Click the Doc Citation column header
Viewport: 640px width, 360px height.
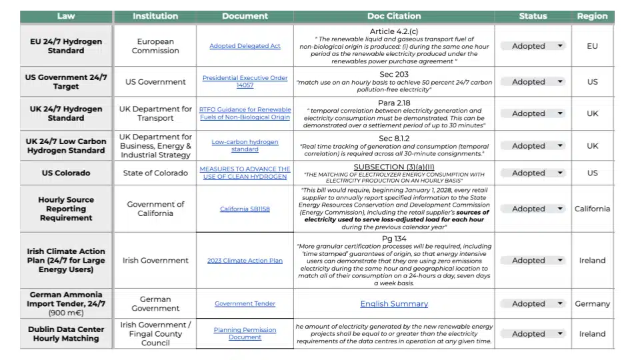[394, 16]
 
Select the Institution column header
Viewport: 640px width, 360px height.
[155, 16]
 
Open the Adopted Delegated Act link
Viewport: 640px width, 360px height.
[245, 46]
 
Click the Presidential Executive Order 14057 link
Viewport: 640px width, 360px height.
[245, 82]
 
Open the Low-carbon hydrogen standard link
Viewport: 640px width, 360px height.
[245, 145]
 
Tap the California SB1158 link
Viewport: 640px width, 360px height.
[245, 209]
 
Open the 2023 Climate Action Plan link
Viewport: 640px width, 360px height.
[245, 261]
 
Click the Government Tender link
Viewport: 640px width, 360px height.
[245, 304]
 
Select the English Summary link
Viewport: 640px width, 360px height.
[394, 304]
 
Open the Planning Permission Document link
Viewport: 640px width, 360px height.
[245, 333]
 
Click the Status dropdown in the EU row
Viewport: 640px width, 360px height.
[533, 46]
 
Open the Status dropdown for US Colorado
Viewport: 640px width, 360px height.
[533, 173]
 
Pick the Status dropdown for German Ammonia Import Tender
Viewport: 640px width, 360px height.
[533, 304]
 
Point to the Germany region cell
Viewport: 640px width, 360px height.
[592, 304]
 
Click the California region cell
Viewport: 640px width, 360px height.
[592, 209]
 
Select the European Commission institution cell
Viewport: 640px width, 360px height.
[155, 46]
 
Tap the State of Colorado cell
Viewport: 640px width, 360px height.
[155, 173]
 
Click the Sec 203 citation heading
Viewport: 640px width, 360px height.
[393, 74]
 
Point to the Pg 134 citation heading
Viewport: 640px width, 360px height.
[393, 239]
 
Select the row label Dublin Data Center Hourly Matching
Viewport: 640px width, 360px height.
[66, 333]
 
